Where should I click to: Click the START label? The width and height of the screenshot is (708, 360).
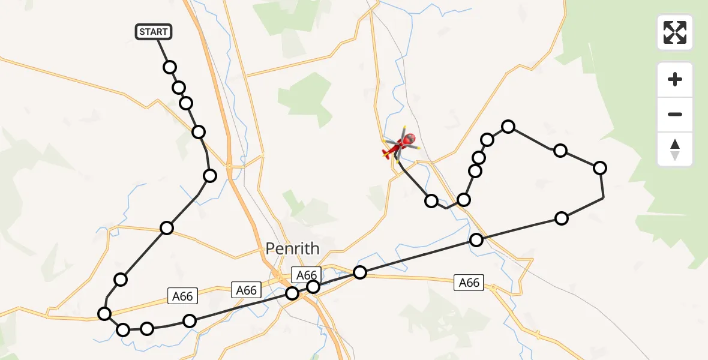(154, 32)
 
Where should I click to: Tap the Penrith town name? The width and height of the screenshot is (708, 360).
(293, 248)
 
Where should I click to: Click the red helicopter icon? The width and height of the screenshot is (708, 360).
(401, 145)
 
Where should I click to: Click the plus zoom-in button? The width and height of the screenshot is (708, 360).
(675, 80)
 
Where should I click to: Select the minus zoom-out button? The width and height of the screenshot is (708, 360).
(675, 114)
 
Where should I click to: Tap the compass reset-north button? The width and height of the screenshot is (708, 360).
(675, 149)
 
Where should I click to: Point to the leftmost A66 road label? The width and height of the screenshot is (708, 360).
(183, 296)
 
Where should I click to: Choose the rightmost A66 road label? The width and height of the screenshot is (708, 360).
(469, 282)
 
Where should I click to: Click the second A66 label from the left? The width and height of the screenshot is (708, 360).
(246, 290)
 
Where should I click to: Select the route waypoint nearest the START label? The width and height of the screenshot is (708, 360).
(170, 67)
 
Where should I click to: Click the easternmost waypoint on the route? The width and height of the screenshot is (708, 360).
(599, 168)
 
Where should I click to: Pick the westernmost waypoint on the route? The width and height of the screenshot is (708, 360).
(104, 313)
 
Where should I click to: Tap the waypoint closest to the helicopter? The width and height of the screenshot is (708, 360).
(431, 200)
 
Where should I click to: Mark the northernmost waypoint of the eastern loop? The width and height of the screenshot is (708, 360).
(508, 126)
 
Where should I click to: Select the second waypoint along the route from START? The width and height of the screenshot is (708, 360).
(179, 88)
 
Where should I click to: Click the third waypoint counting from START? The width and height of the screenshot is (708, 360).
(186, 103)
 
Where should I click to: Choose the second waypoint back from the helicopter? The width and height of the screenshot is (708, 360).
(463, 199)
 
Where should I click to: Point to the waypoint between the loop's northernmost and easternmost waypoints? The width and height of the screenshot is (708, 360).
(560, 150)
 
